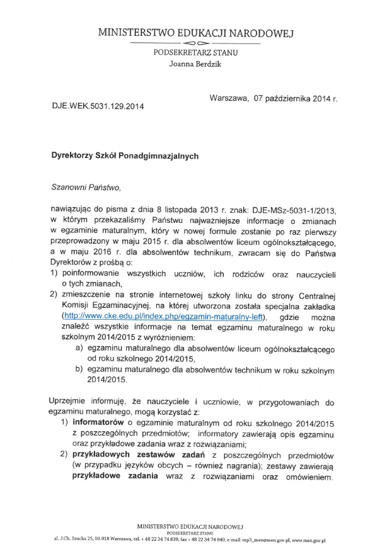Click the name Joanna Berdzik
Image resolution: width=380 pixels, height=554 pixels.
coord(195,64)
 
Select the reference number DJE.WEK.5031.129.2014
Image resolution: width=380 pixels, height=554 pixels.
coord(98,106)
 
